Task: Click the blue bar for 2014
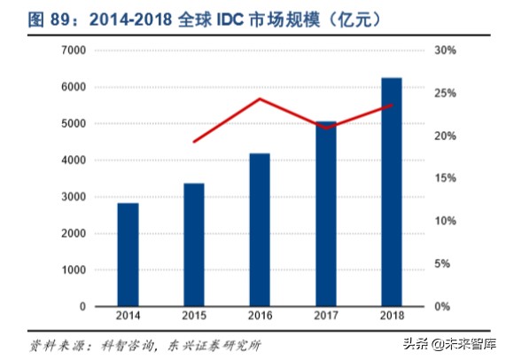pos(128,254)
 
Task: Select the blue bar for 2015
pos(194,245)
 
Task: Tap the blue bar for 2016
pos(260,230)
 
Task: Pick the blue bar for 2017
pos(325,214)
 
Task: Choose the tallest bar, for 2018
pos(392,192)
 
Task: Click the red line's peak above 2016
pos(260,98)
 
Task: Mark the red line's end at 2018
pos(392,105)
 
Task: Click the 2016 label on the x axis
pos(260,316)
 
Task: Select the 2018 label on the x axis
pos(392,316)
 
